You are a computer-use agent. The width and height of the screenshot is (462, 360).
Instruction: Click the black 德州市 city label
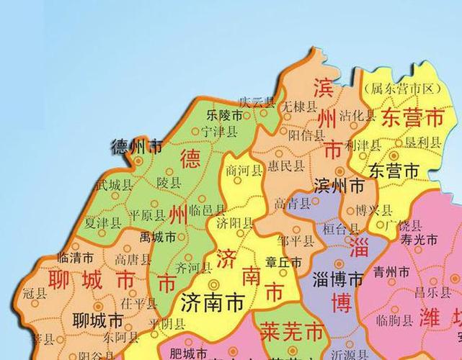[137, 147]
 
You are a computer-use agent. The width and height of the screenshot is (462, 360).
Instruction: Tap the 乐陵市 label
[223, 115]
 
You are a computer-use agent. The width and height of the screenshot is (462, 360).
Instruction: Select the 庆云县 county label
[257, 102]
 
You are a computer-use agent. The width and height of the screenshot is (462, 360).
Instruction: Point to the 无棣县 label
[299, 107]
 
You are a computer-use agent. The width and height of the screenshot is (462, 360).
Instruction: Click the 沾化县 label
[357, 115]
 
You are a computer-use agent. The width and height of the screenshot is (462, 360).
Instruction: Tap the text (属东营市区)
[402, 89]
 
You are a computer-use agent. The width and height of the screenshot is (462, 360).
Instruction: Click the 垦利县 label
[422, 143]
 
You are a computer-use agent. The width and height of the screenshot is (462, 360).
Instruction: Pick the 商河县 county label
[243, 170]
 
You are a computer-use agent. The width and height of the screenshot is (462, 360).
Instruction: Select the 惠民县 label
[285, 166]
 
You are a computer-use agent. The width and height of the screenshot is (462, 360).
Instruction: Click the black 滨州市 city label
[339, 186]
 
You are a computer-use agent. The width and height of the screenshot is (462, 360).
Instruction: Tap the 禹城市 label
[158, 236]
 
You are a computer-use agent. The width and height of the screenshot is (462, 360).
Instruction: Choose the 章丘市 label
[284, 264]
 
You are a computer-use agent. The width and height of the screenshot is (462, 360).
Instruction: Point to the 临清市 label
[75, 257]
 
